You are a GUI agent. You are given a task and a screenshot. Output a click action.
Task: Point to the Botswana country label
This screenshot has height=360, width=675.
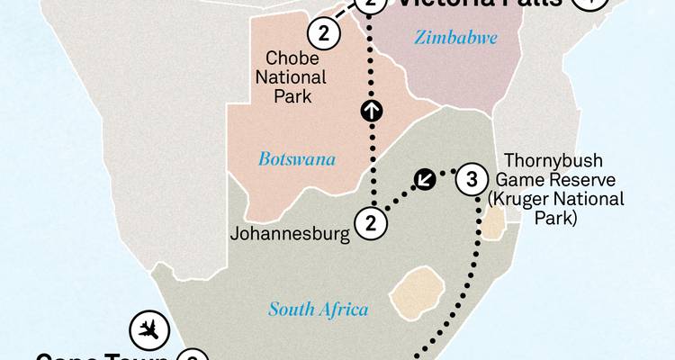(x=297, y=159)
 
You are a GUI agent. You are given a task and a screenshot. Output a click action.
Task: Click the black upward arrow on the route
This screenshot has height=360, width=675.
(x=370, y=111)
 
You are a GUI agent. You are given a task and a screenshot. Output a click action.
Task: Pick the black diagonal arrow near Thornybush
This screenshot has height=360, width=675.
(x=425, y=179)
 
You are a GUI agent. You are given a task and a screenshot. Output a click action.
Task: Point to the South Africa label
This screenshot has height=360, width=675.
(x=319, y=310)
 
